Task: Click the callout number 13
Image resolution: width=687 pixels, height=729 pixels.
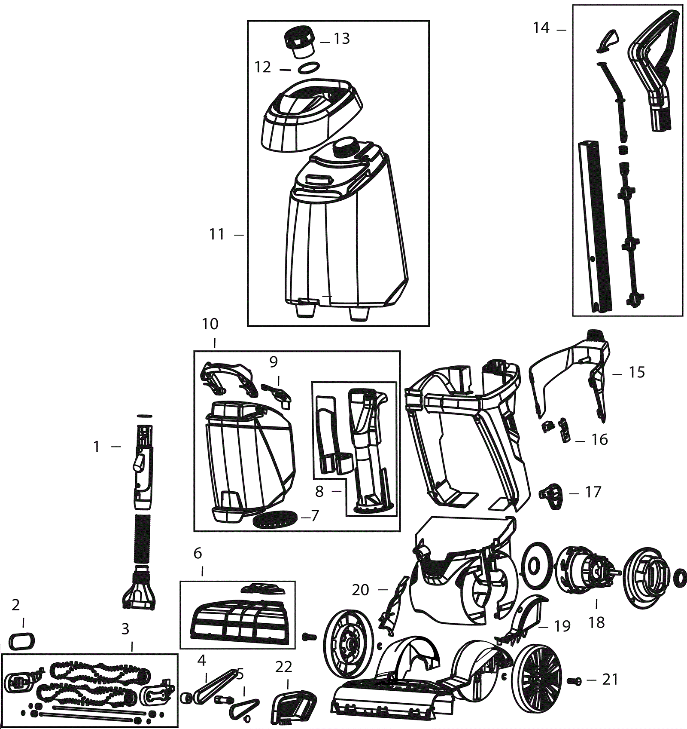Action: tap(342, 39)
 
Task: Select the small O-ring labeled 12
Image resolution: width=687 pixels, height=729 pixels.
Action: tap(309, 68)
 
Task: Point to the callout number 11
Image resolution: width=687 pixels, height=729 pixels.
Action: tap(217, 234)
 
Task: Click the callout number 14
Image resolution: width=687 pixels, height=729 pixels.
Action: tap(541, 28)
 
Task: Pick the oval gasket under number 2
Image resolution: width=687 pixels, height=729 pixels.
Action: tap(21, 641)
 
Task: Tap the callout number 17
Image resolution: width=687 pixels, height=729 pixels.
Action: tap(593, 492)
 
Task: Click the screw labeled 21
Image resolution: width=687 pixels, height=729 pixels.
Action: tap(574, 681)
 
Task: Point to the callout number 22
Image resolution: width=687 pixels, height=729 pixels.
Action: tap(284, 667)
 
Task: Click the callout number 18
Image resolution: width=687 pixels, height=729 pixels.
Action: tap(596, 622)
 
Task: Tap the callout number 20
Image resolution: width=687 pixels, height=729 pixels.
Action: tap(360, 590)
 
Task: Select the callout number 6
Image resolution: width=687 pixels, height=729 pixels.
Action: tap(198, 553)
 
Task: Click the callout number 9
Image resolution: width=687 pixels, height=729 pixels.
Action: tap(274, 362)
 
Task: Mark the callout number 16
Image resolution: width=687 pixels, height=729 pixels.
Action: tap(599, 440)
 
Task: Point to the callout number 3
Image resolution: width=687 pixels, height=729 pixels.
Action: tap(125, 629)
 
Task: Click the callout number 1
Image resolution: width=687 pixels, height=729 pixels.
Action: tap(97, 447)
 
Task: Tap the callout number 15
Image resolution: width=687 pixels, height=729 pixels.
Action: tap(637, 372)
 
